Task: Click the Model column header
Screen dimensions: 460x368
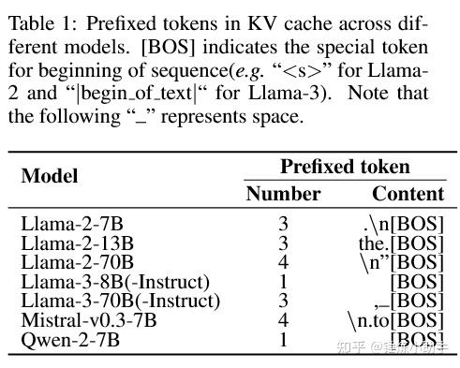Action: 50,176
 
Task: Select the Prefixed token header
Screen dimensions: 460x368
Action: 345,167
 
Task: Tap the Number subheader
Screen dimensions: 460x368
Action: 283,194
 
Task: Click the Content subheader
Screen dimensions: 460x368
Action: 408,194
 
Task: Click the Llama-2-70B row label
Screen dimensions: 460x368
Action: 77,262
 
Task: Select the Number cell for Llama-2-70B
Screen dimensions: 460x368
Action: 283,262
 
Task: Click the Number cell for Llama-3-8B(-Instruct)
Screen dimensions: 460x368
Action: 283,282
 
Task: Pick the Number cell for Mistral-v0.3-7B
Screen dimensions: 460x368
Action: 283,320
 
